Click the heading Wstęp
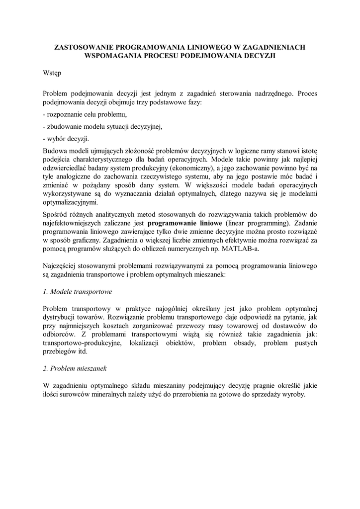point(52,73)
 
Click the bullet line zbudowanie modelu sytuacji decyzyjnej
point(103,126)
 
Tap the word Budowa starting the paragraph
point(54,150)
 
